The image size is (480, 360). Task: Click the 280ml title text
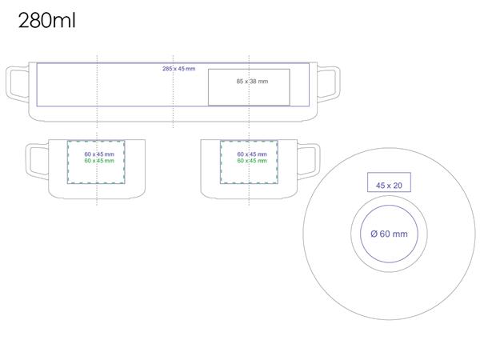(x=46, y=20)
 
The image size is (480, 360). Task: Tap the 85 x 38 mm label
(x=252, y=82)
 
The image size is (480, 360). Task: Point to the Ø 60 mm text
(x=389, y=234)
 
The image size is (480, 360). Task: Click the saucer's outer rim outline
(x=304, y=234)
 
